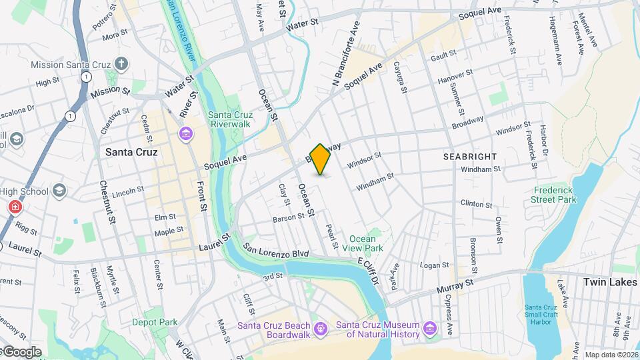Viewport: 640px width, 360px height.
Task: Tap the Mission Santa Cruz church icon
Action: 121,64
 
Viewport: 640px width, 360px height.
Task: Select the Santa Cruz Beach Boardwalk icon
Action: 321,329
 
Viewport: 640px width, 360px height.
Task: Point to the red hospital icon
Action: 13,207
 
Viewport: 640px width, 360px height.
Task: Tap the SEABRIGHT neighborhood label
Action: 470,156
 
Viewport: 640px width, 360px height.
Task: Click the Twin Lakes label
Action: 609,282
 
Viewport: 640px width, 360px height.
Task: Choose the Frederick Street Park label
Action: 553,194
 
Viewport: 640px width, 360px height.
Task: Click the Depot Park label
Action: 154,322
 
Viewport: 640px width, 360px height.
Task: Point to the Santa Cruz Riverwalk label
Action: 229,119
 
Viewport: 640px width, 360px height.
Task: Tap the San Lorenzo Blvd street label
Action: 275,253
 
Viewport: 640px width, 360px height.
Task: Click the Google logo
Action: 21,351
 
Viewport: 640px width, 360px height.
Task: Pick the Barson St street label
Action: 288,219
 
